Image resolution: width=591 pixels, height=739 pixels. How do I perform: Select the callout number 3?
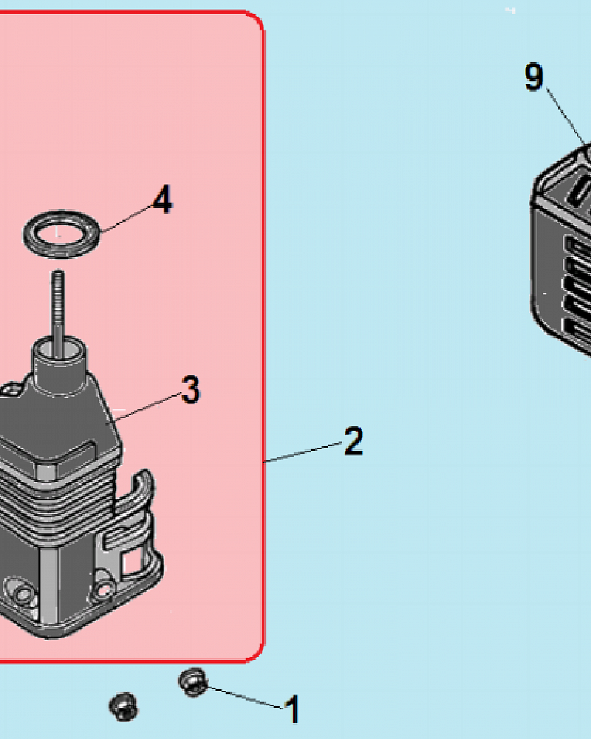click(x=191, y=389)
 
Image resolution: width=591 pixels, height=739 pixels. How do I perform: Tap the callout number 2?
click(x=353, y=442)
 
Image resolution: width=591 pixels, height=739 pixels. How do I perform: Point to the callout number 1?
click(x=293, y=710)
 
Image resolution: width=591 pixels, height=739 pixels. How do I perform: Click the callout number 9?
click(x=533, y=78)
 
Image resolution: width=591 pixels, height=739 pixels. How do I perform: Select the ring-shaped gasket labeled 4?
click(x=59, y=234)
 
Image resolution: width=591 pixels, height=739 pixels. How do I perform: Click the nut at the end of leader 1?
click(x=193, y=681)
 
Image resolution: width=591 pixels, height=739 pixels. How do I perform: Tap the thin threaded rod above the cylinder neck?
click(x=56, y=303)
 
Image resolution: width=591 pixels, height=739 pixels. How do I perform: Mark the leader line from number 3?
click(x=148, y=407)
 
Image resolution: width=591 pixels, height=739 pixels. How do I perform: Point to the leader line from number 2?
click(x=303, y=452)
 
